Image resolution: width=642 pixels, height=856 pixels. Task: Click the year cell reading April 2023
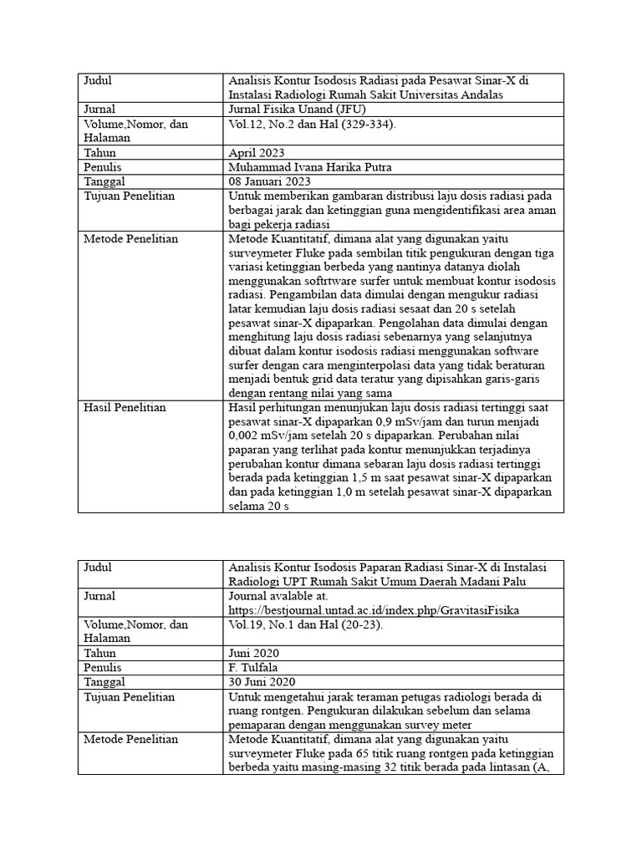tap(257, 153)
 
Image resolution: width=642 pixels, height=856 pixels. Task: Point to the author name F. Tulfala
tap(256, 667)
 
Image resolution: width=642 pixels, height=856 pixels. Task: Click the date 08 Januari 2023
tap(269, 181)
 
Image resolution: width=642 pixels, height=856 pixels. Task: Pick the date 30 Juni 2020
tap(262, 681)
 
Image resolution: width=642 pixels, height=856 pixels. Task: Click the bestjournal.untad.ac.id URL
tap(373, 610)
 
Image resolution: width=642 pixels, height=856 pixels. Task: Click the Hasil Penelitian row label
tap(125, 407)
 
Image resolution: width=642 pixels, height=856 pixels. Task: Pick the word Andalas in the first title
tap(510, 95)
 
